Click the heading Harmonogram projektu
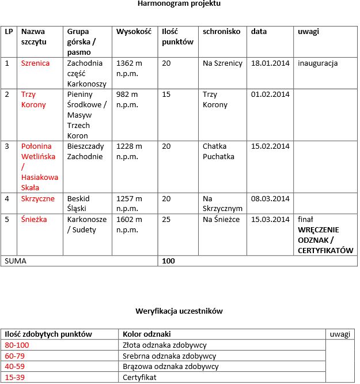[179, 4]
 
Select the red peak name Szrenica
[35, 63]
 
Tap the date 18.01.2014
[270, 63]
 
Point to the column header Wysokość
[133, 32]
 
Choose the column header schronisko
[221, 32]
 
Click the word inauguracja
[317, 63]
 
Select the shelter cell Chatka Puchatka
[218, 151]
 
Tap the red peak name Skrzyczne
[38, 199]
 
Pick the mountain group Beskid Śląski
[78, 204]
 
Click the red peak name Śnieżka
[34, 220]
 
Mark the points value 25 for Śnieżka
[166, 220]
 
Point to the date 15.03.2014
[270, 220]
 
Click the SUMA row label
[16, 261]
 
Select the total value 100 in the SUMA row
[168, 261]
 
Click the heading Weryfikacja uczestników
[179, 311]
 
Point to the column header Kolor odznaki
[147, 334]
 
